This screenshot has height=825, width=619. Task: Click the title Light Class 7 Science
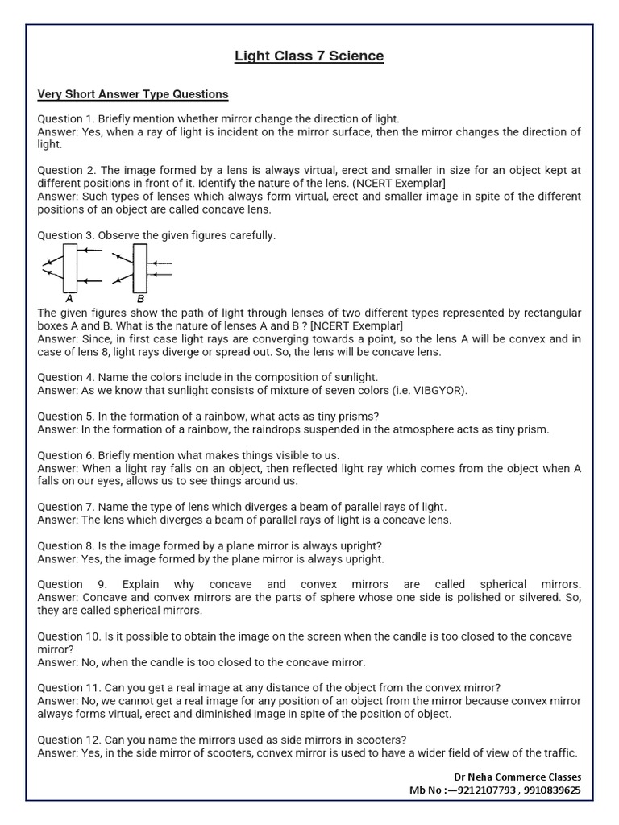(309, 56)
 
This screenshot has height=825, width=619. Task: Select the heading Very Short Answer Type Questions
(133, 94)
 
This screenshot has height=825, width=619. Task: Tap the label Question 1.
(66, 119)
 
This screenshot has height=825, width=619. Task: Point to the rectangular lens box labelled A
(70, 268)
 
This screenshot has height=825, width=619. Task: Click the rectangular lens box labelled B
(139, 268)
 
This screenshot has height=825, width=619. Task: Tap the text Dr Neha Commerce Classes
(517, 777)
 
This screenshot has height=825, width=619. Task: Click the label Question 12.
(69, 740)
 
